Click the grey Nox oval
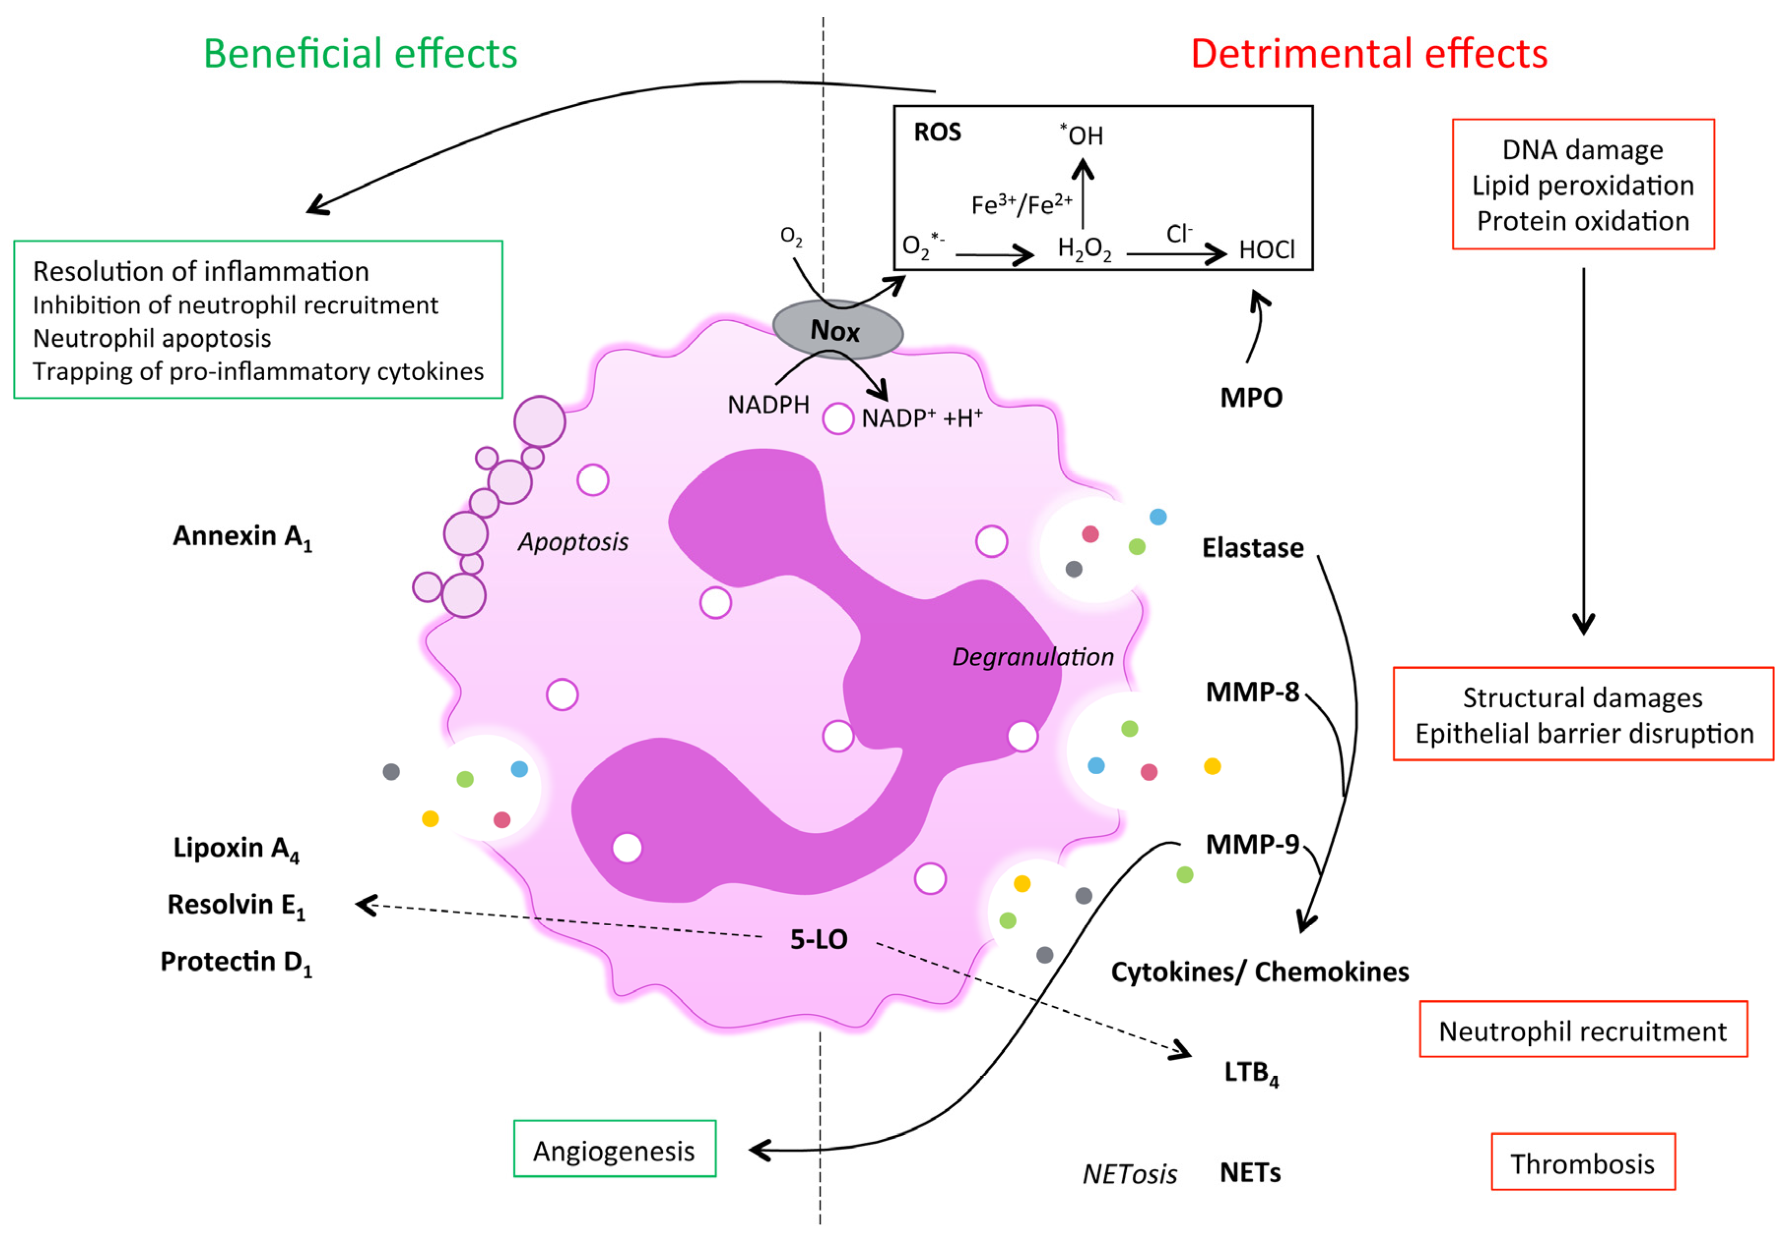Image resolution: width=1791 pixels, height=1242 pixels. pos(837,331)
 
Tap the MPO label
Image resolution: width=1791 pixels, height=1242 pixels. pos(1250,397)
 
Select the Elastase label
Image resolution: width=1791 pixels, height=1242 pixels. pos(1252,548)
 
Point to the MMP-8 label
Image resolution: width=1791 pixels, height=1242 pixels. pos(1252,692)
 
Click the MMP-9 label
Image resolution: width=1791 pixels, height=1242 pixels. pos(1252,845)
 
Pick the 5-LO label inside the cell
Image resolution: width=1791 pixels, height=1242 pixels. pos(818,939)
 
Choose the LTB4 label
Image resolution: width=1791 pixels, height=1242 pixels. pos(1250,1072)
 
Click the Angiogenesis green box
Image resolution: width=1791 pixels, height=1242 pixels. pos(614,1150)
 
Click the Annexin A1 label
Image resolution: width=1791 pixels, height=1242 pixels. pos(241,537)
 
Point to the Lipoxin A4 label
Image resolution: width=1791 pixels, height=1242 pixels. pos(235,848)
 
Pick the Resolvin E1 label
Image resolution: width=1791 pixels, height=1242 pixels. pos(235,905)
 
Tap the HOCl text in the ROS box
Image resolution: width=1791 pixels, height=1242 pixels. pos(1266,250)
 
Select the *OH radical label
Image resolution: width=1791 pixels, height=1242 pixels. pos(1082,135)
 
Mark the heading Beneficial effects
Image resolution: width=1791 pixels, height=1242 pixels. pos(360,54)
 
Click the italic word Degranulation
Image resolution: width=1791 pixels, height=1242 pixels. pos(1032,657)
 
